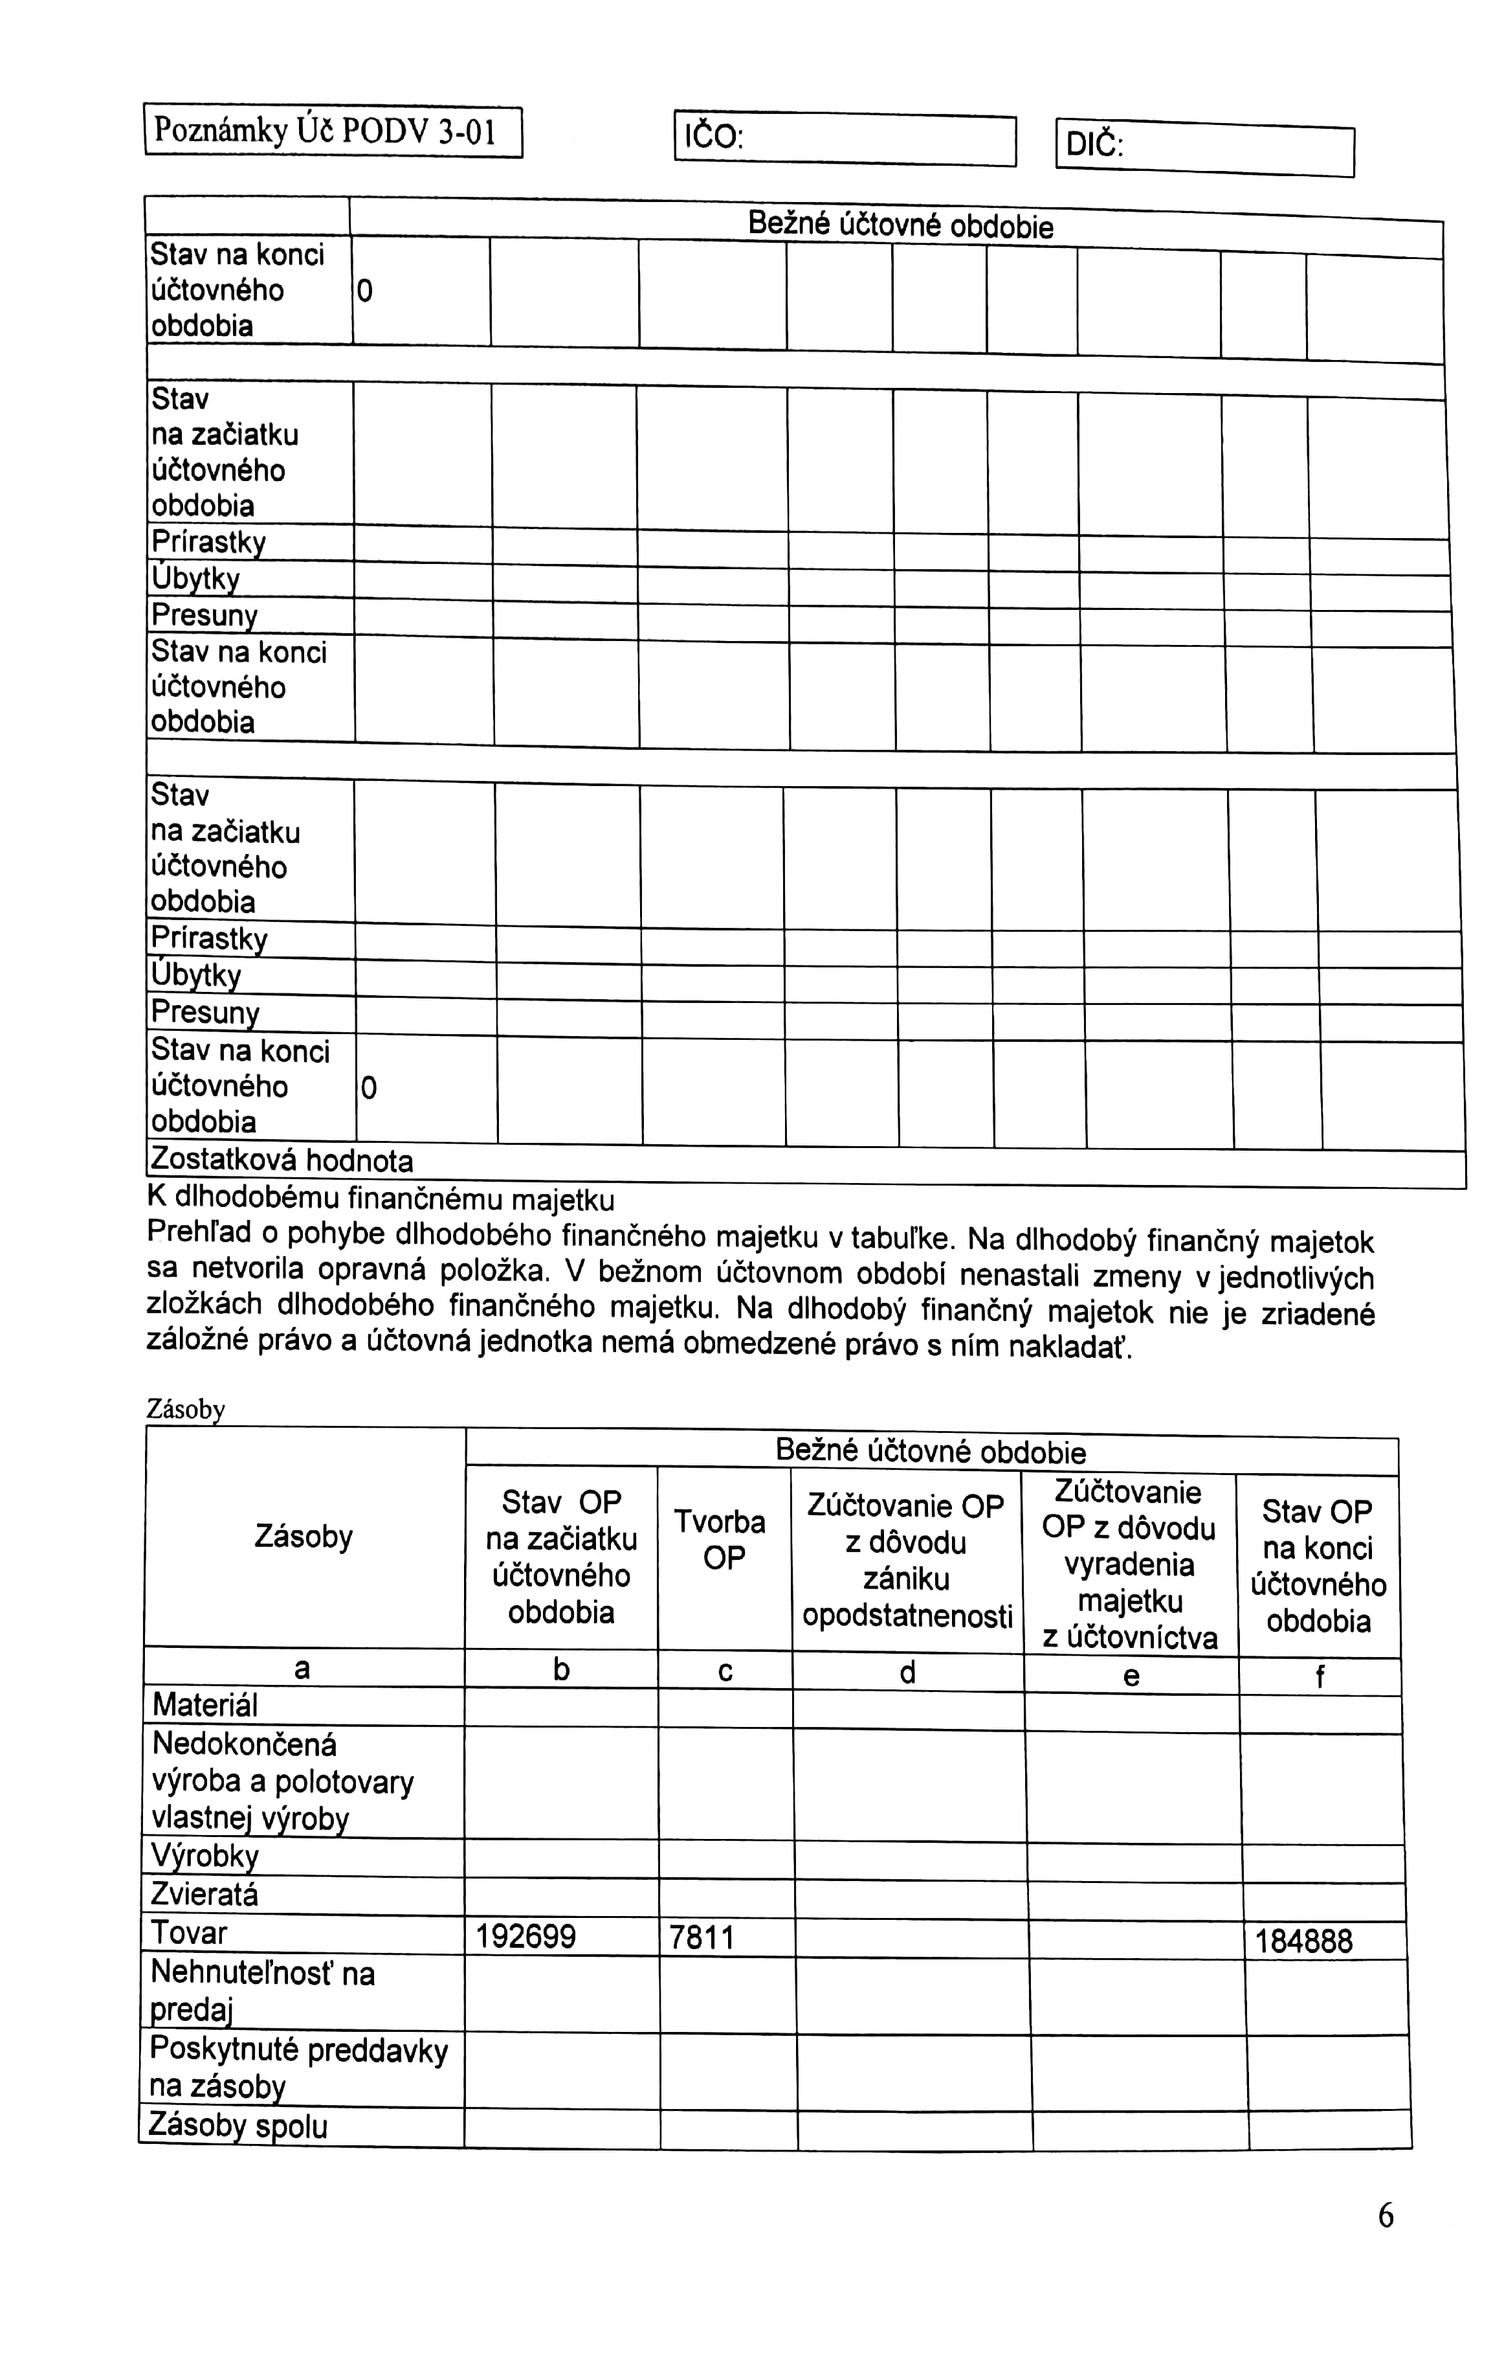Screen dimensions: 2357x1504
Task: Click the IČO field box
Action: pyautogui.click(x=845, y=139)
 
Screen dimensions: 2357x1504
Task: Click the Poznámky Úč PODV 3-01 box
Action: pyautogui.click(x=333, y=131)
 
